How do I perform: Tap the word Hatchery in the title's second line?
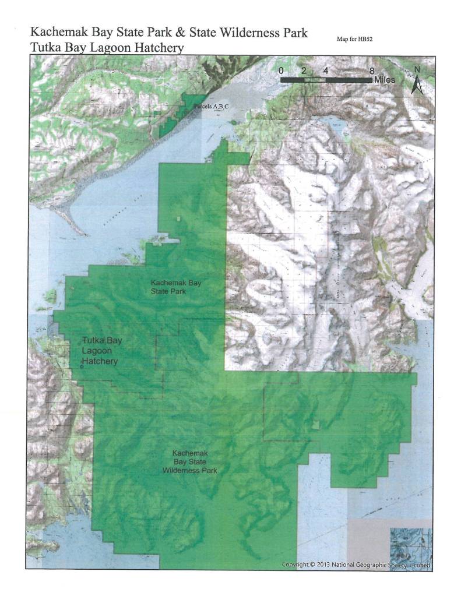coord(156,48)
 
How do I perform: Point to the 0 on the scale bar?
coord(281,70)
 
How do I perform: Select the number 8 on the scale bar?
coord(372,70)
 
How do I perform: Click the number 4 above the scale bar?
coord(326,70)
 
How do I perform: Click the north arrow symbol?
coord(417,80)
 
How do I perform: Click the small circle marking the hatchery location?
coord(82,366)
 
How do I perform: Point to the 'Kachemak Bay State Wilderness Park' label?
coord(190,461)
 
